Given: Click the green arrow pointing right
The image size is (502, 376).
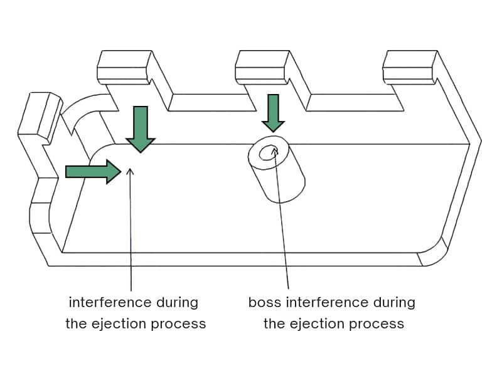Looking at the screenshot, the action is (93, 172).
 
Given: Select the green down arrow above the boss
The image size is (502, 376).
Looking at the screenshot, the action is (273, 113).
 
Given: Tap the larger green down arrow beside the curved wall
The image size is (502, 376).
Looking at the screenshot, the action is (141, 129).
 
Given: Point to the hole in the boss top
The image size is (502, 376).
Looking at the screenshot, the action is (269, 154).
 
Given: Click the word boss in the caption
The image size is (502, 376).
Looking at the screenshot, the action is (265, 302).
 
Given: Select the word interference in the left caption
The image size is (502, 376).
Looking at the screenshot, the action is (110, 302).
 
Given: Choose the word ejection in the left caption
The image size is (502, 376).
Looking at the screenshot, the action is (119, 323).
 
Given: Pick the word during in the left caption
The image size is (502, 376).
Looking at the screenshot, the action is (178, 302).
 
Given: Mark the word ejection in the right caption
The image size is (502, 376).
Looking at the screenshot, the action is (317, 323).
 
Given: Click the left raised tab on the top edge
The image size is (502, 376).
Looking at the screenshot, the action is (124, 67).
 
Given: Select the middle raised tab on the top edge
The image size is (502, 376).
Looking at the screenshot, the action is (262, 67).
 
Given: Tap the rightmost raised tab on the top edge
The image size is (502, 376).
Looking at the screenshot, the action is (410, 67).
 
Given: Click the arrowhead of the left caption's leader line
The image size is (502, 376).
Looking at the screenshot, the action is (130, 172).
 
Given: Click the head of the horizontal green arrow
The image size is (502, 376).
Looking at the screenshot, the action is (114, 172).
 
